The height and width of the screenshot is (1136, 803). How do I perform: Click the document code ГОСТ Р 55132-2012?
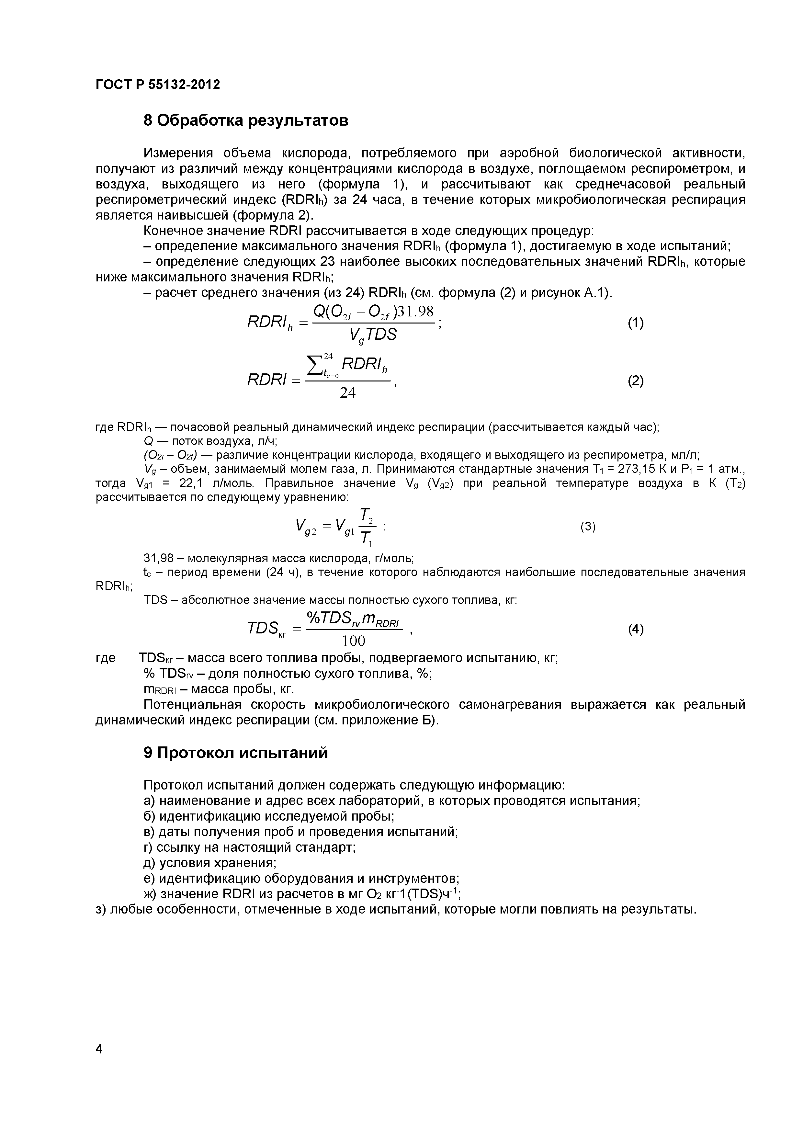click(157, 85)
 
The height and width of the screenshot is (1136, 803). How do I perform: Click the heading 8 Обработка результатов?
click(245, 120)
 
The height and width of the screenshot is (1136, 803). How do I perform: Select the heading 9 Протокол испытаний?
click(235, 753)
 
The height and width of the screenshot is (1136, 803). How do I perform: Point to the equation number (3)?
click(588, 527)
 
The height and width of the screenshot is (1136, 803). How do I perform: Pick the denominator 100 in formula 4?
click(354, 641)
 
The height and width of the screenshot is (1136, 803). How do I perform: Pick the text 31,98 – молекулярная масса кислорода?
click(278, 559)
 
